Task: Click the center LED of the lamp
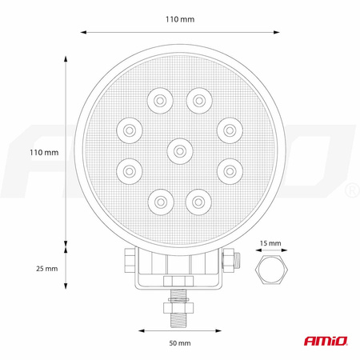(179, 149)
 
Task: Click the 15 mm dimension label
(270, 243)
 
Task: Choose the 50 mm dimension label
(179, 343)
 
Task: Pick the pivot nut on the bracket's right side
(230, 258)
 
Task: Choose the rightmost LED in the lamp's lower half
(230, 169)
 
